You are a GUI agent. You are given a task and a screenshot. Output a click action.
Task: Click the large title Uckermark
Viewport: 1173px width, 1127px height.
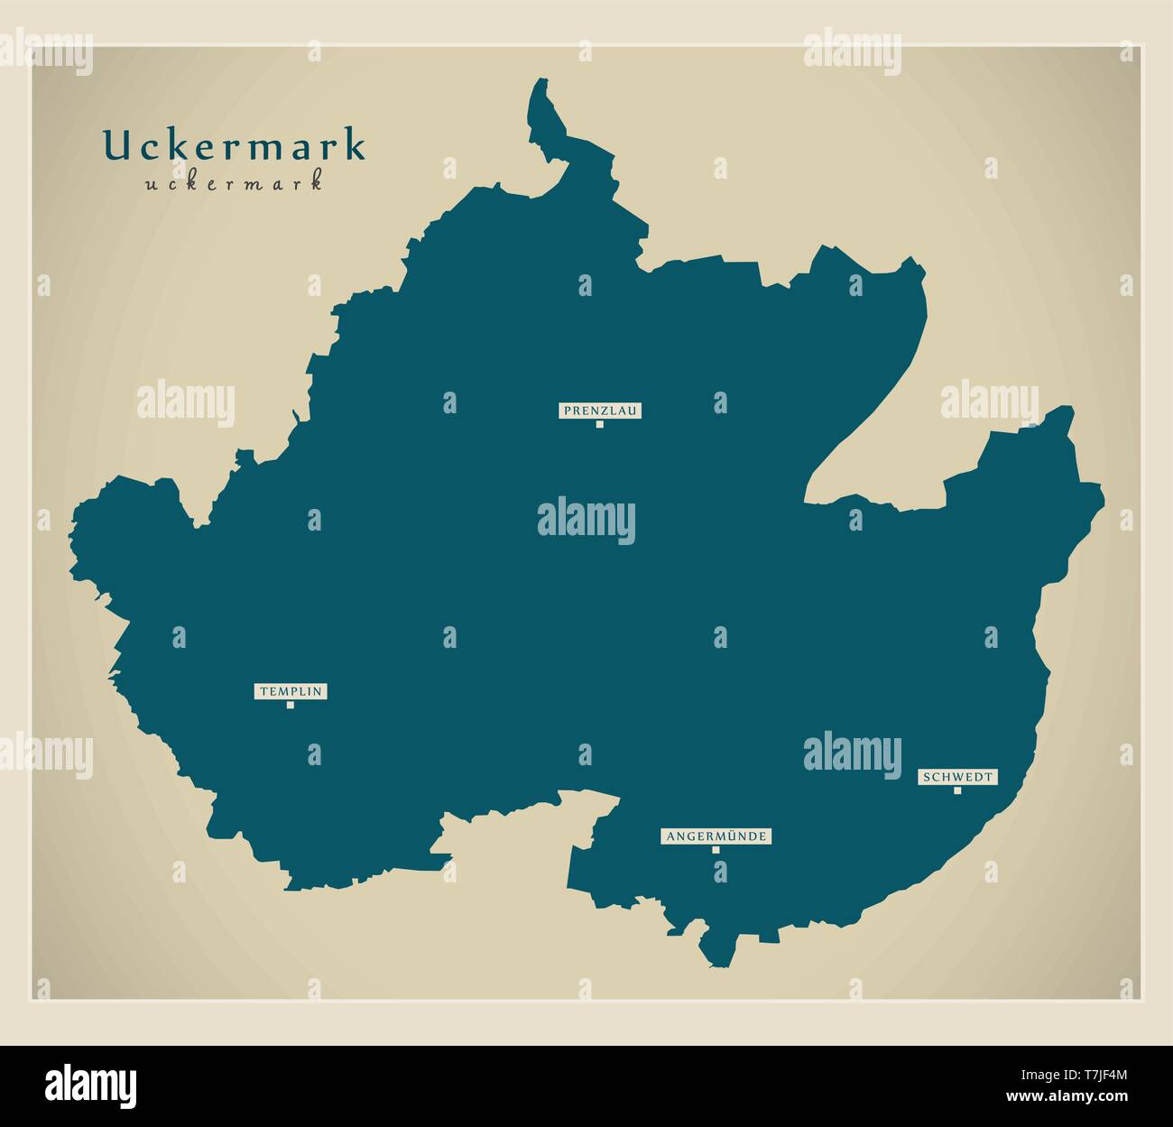tap(234, 146)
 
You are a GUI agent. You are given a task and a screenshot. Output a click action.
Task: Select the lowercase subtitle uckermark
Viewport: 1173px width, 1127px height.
tap(233, 183)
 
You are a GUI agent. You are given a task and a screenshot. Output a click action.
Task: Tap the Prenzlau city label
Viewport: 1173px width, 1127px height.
tap(599, 411)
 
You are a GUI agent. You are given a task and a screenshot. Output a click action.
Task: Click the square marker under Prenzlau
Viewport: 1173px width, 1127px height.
tap(599, 424)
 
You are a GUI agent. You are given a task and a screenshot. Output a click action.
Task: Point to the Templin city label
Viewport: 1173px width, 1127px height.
tap(290, 691)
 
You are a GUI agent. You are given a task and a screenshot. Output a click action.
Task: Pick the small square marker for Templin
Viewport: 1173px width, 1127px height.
tap(290, 705)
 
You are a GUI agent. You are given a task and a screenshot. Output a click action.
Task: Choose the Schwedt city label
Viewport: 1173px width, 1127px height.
tap(957, 777)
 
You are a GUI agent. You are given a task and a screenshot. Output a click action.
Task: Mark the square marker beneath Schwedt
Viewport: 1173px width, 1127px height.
tap(957, 790)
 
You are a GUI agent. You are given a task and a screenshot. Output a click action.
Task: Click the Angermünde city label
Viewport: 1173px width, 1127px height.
tap(716, 836)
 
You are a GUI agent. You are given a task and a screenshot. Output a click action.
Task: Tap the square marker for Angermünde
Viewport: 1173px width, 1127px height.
tap(716, 849)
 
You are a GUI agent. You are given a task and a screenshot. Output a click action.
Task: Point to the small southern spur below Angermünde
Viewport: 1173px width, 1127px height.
tap(718, 947)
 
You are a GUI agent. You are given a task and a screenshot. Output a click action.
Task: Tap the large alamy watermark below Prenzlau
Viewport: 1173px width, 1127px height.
tap(586, 522)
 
